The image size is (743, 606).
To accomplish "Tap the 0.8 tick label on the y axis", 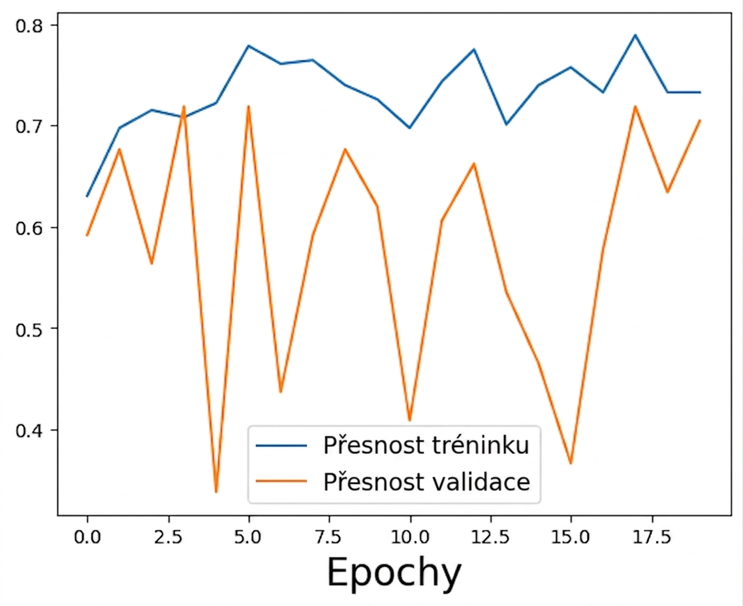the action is [x=29, y=25].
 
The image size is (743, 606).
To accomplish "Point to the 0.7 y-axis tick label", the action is [x=29, y=126].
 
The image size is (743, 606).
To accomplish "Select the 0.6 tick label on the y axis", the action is [x=29, y=227].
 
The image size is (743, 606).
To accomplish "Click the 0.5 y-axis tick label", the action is [x=29, y=328].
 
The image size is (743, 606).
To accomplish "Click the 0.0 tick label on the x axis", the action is [x=87, y=537].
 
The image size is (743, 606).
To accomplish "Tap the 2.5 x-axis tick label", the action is [x=168, y=537].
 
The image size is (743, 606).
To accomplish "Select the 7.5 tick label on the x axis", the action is [x=329, y=537].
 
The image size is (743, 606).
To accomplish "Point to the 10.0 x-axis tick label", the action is [x=410, y=537].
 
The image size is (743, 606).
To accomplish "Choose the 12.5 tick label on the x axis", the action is [x=490, y=537].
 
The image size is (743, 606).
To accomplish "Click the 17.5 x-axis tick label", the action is [x=652, y=537].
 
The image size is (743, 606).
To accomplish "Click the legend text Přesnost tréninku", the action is [x=426, y=445].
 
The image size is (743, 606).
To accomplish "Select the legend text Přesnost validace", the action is [x=426, y=482].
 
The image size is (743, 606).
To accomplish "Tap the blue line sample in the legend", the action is [x=281, y=445].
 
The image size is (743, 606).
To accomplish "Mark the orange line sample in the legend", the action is [x=281, y=481].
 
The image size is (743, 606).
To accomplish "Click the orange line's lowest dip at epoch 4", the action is [x=216, y=492].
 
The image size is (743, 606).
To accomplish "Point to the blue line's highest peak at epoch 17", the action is [x=635, y=35].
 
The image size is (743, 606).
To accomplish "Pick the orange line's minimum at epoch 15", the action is [x=571, y=464].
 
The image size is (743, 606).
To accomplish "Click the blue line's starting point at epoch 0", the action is [x=87, y=196].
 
